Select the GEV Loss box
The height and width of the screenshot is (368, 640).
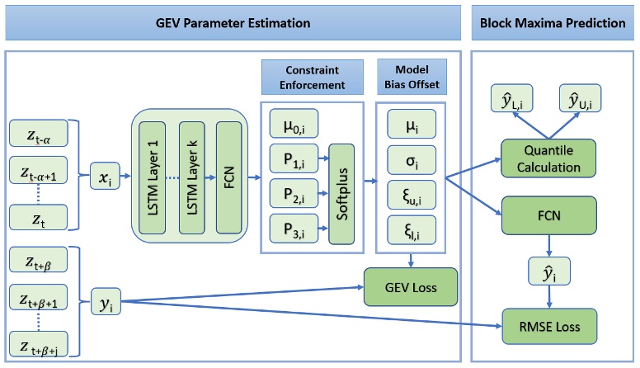click(x=404, y=287)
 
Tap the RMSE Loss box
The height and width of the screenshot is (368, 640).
click(x=543, y=328)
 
